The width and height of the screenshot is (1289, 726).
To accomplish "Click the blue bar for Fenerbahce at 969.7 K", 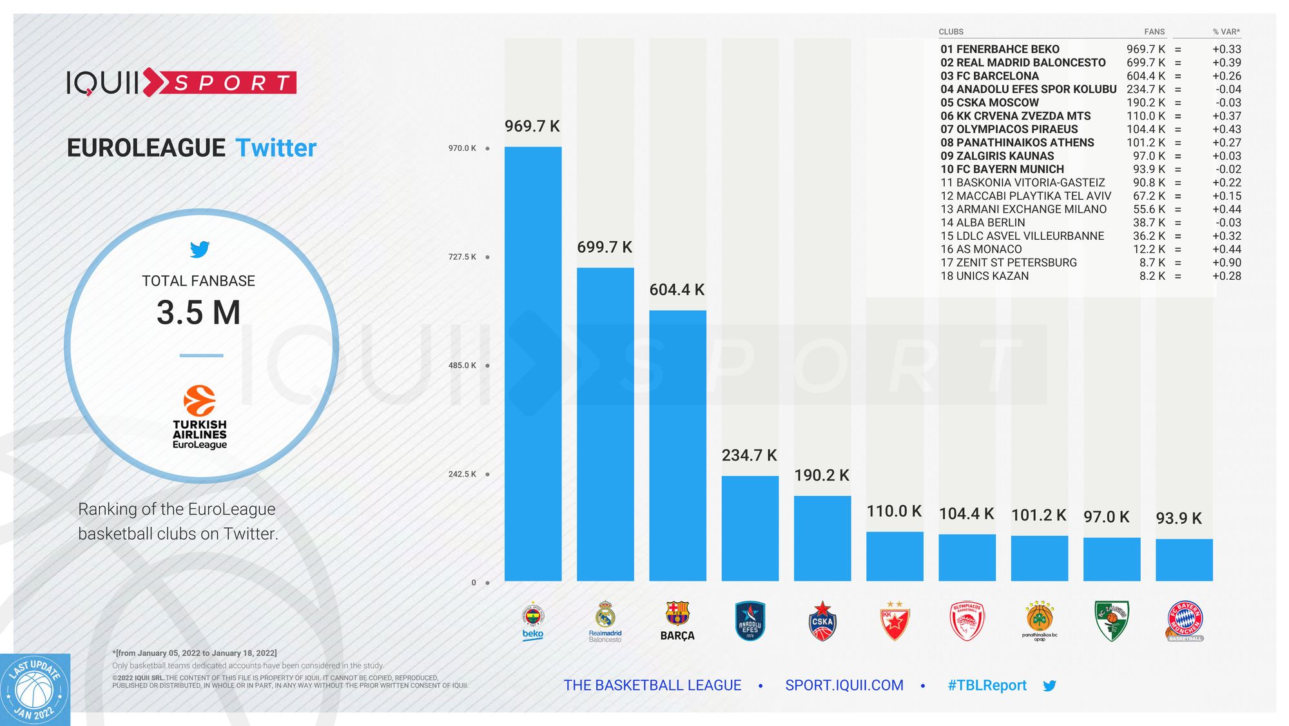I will click(x=532, y=364).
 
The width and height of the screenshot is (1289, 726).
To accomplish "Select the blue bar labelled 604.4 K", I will click(x=677, y=446).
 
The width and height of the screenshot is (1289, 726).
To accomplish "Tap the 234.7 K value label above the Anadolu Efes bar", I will click(x=749, y=456).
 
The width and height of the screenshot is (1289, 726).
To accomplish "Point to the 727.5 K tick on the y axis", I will click(x=463, y=257).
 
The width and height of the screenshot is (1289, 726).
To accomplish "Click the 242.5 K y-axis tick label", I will click(x=463, y=475).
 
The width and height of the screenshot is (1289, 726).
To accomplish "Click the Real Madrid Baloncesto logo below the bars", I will click(x=605, y=621).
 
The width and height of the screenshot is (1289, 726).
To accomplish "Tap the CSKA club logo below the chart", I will click(x=822, y=621).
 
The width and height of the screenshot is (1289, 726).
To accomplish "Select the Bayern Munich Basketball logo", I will click(x=1185, y=621).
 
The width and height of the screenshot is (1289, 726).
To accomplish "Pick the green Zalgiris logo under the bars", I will click(x=1112, y=621).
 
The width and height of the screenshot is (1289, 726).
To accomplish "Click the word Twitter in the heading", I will click(x=276, y=148).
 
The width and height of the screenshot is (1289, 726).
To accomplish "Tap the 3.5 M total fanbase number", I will click(x=199, y=313).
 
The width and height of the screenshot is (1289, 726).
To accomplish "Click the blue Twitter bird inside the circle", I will click(x=200, y=250).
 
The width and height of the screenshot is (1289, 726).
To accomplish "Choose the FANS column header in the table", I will click(x=1154, y=32).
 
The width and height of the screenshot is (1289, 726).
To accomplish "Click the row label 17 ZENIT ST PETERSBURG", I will click(x=1008, y=262).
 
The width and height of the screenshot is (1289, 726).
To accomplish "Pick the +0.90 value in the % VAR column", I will click(x=1226, y=262).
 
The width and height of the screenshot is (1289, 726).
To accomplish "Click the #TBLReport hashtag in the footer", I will click(x=987, y=685).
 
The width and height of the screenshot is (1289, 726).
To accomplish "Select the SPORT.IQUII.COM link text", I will click(x=844, y=685).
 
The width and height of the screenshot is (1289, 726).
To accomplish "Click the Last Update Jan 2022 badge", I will click(x=35, y=691).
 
